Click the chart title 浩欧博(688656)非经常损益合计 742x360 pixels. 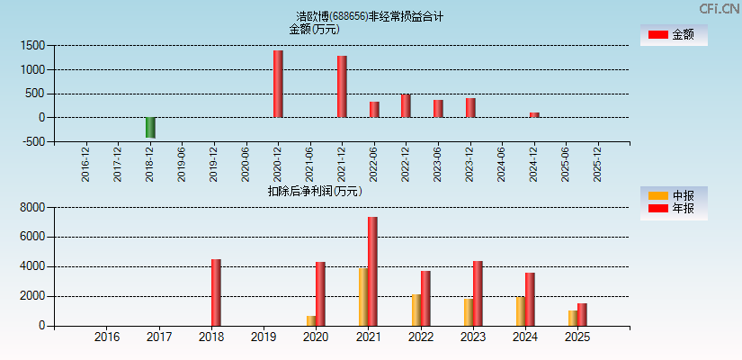click(370, 16)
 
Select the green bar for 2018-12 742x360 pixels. click(150, 127)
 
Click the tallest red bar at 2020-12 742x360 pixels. click(278, 84)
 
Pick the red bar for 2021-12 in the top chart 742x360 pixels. click(342, 86)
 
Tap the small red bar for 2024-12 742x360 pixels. click(534, 114)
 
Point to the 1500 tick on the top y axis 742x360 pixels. click(34, 45)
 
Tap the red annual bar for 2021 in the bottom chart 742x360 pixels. click(372, 271)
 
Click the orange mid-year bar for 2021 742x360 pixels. click(363, 297)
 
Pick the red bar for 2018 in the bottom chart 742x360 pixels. click(216, 292)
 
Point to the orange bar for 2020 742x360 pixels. click(311, 320)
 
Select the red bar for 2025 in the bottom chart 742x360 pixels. click(582, 314)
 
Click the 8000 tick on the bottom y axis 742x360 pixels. click(32, 207)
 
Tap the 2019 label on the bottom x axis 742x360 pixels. click(264, 337)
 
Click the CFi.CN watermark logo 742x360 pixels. click(720, 8)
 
